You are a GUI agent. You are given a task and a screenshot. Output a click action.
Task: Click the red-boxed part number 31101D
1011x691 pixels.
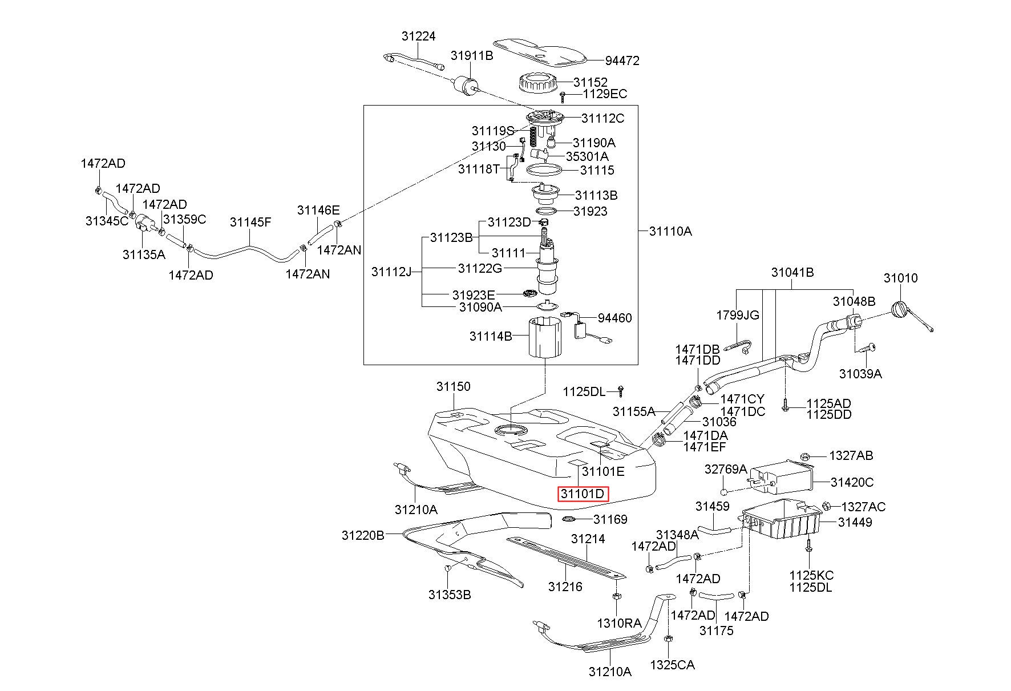tap(583, 494)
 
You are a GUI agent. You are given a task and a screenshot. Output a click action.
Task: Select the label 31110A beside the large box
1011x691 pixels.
tap(670, 231)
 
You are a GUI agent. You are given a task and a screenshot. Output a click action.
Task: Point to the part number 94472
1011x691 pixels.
tap(622, 60)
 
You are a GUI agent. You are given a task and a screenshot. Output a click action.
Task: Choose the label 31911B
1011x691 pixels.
tap(472, 55)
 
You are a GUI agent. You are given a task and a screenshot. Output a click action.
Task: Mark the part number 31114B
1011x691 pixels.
tap(491, 336)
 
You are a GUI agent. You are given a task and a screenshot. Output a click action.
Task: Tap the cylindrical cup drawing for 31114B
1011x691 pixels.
tap(545, 337)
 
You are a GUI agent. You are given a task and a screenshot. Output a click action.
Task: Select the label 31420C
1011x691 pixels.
tap(852, 482)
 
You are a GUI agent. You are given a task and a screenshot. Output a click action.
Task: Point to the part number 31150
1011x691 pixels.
tap(454, 386)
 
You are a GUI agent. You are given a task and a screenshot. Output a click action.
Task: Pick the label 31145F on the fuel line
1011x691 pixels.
tap(250, 222)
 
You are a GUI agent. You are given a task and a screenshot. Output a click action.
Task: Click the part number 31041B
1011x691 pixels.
tap(792, 273)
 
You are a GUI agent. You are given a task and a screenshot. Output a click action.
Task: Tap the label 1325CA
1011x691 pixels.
tap(673, 665)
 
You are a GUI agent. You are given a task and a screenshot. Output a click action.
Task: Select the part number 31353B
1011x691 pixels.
tap(450, 595)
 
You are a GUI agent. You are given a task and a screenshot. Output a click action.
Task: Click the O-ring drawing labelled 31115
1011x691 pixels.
tap(544, 169)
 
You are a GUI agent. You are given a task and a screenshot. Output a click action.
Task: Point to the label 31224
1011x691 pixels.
tap(418, 36)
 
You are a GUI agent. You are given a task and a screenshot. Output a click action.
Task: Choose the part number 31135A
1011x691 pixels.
tap(144, 254)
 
